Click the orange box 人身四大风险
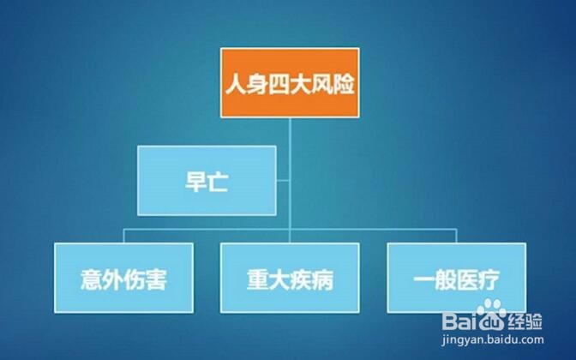[x=290, y=82]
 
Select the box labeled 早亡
[x=207, y=180]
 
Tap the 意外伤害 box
[x=123, y=278]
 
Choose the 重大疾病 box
[x=290, y=278]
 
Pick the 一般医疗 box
[x=457, y=278]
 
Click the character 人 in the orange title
[x=236, y=84]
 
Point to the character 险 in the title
[x=344, y=84]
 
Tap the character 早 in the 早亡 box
[x=195, y=182]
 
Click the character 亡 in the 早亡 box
[x=218, y=182]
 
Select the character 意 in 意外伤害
[x=92, y=279]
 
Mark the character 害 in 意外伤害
[x=156, y=279]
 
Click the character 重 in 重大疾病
[x=257, y=279]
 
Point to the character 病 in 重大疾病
[x=322, y=279]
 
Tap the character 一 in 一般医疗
[x=424, y=279]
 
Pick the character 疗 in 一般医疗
[x=489, y=279]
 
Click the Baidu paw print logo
[x=492, y=315]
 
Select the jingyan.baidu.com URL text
[x=493, y=339]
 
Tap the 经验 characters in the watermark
[x=525, y=321]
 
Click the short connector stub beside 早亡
[x=283, y=180]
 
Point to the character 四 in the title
[x=279, y=84]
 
